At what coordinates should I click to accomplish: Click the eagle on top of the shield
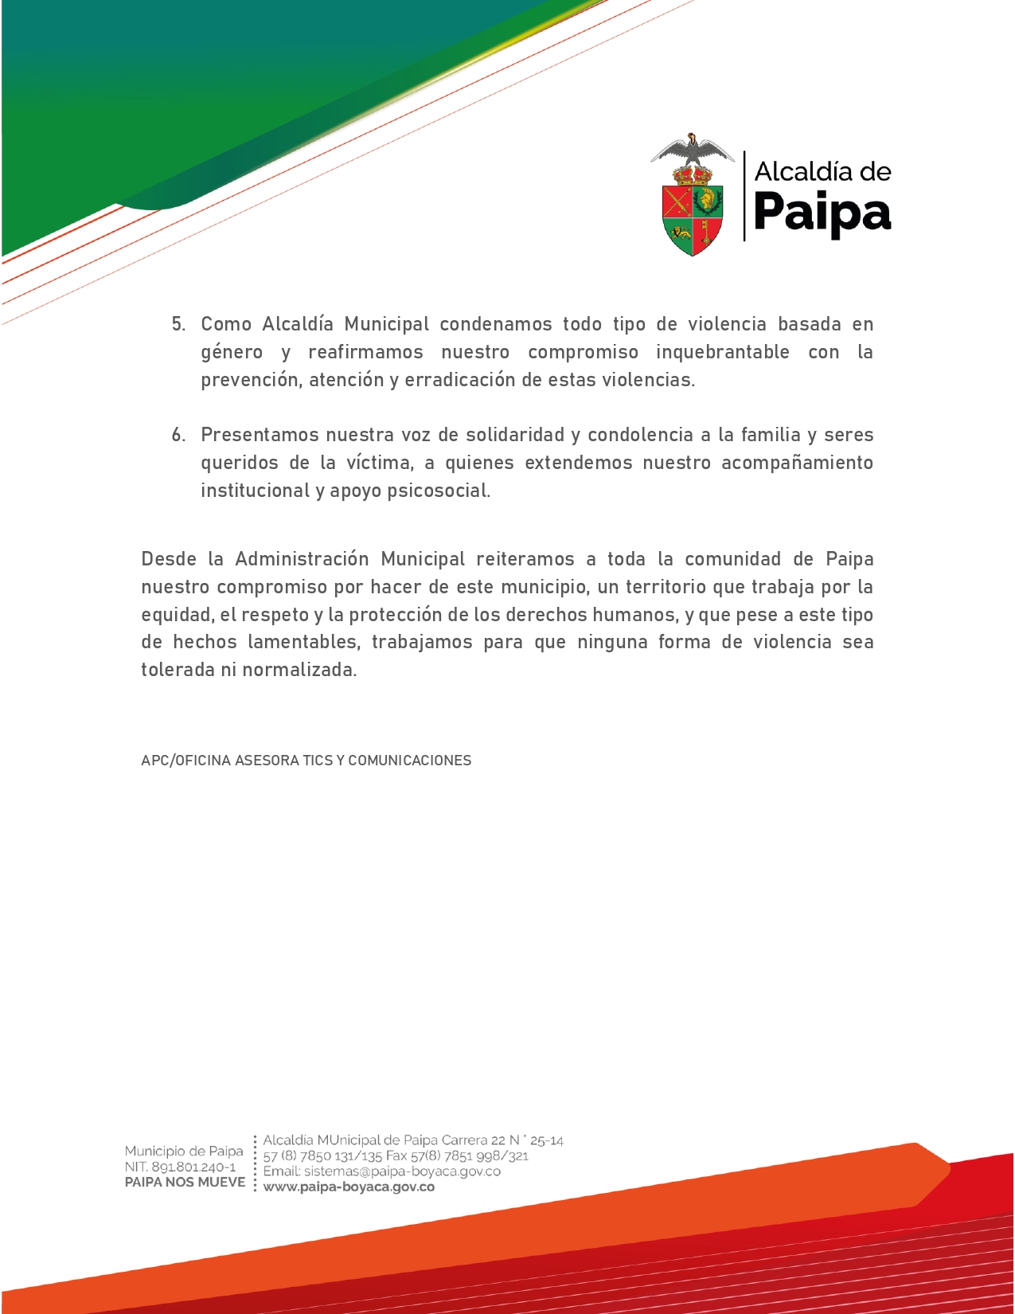pos(693,151)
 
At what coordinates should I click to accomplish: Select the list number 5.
pos(178,324)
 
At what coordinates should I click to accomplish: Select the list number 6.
pos(178,435)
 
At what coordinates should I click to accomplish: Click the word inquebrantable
pos(722,352)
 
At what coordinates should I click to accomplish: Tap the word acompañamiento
pos(797,463)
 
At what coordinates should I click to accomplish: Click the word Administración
pos(302,559)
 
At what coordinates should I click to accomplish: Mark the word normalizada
pos(299,670)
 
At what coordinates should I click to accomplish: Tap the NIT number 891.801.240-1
pos(193,1167)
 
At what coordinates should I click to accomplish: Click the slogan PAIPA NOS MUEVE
pos(185,1182)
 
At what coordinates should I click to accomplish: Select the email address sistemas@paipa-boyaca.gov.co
pos(402,1171)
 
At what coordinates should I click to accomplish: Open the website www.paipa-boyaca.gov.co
pos(349,1187)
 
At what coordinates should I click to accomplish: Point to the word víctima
pos(380,463)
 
